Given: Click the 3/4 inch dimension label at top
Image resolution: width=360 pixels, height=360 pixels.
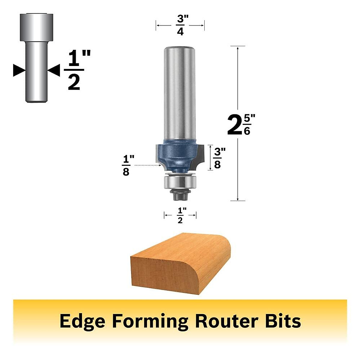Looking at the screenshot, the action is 180,25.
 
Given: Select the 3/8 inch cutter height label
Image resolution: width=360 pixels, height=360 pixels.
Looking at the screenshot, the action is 217,158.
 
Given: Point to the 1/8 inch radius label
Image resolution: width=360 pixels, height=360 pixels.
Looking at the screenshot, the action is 126,166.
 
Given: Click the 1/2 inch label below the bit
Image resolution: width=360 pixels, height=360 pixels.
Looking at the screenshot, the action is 180,215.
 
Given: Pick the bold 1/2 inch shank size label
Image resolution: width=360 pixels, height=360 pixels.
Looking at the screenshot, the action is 74,71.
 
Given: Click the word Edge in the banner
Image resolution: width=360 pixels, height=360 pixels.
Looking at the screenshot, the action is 82,321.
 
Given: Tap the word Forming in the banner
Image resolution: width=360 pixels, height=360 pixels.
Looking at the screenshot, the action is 150,321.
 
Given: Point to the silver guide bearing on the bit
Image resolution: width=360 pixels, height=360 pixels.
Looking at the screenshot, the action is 180,182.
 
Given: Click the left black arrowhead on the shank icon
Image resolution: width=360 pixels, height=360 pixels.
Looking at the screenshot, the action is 19,71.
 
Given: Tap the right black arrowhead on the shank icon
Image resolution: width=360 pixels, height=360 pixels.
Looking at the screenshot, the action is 55,71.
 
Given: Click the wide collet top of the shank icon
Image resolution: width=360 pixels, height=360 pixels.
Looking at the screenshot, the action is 37,27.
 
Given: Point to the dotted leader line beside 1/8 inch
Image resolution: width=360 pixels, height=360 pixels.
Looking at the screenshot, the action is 147,165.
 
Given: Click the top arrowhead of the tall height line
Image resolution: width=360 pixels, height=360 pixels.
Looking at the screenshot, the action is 238,48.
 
